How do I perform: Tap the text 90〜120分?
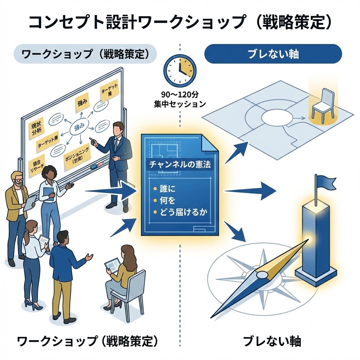[180, 95]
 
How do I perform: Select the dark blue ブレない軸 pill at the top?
[273, 54]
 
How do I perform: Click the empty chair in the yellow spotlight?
[322, 102]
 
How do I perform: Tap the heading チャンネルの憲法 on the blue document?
[180, 164]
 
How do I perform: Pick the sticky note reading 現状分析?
[34, 130]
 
